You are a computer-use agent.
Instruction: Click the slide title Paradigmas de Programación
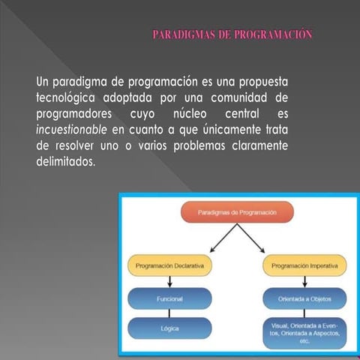232,34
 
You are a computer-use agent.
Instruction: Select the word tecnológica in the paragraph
70,97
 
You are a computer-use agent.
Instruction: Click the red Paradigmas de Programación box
237,213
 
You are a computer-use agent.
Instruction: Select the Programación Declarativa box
170,265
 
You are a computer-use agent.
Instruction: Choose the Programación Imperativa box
304,265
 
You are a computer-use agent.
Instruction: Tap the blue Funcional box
170,298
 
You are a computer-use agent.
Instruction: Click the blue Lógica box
170,328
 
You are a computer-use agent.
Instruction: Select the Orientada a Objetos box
304,298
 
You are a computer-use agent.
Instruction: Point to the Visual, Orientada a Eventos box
304,333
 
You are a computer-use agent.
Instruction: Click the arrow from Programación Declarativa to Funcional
170,282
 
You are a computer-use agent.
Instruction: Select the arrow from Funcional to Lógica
170,313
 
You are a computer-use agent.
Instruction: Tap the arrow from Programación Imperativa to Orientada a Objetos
304,282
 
